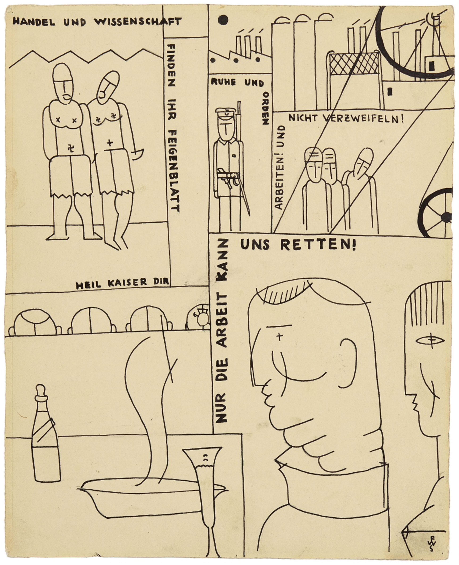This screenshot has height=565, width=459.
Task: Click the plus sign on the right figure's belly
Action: (x=110, y=143)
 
